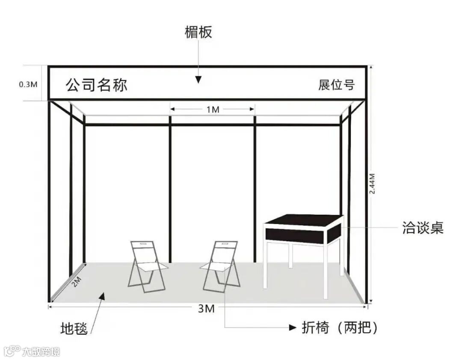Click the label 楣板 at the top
coord(198,32)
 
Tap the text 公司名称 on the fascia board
coord(97,85)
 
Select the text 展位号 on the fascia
coord(336,85)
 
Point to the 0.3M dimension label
coord(28,84)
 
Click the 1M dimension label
coord(213,109)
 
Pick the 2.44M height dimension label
coord(372,184)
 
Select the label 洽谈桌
coord(423,227)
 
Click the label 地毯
coord(74,329)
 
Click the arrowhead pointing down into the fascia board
coord(198,80)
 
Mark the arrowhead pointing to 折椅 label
coord(293,328)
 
